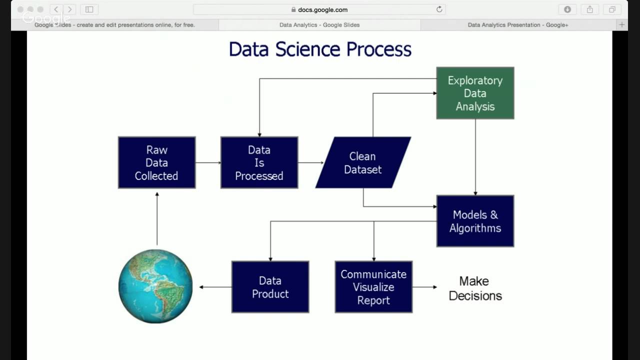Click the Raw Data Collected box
click(x=156, y=162)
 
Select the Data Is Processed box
click(x=259, y=162)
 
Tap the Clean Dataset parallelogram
click(x=363, y=162)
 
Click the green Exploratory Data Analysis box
click(x=475, y=93)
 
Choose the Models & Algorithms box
click(x=475, y=221)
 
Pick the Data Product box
click(x=270, y=287)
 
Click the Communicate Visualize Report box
click(x=373, y=287)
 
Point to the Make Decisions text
click(x=475, y=288)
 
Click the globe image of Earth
click(x=155, y=286)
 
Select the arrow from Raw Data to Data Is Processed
click(x=208, y=162)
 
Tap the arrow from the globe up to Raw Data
click(x=157, y=218)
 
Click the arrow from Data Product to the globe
click(x=215, y=287)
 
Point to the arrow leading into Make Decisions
click(x=424, y=287)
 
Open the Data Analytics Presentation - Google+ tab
click(x=517, y=25)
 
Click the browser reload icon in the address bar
click(x=439, y=9)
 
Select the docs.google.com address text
click(x=322, y=9)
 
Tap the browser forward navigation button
click(x=69, y=9)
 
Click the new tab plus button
click(x=622, y=24)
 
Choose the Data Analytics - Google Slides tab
click(x=319, y=25)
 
